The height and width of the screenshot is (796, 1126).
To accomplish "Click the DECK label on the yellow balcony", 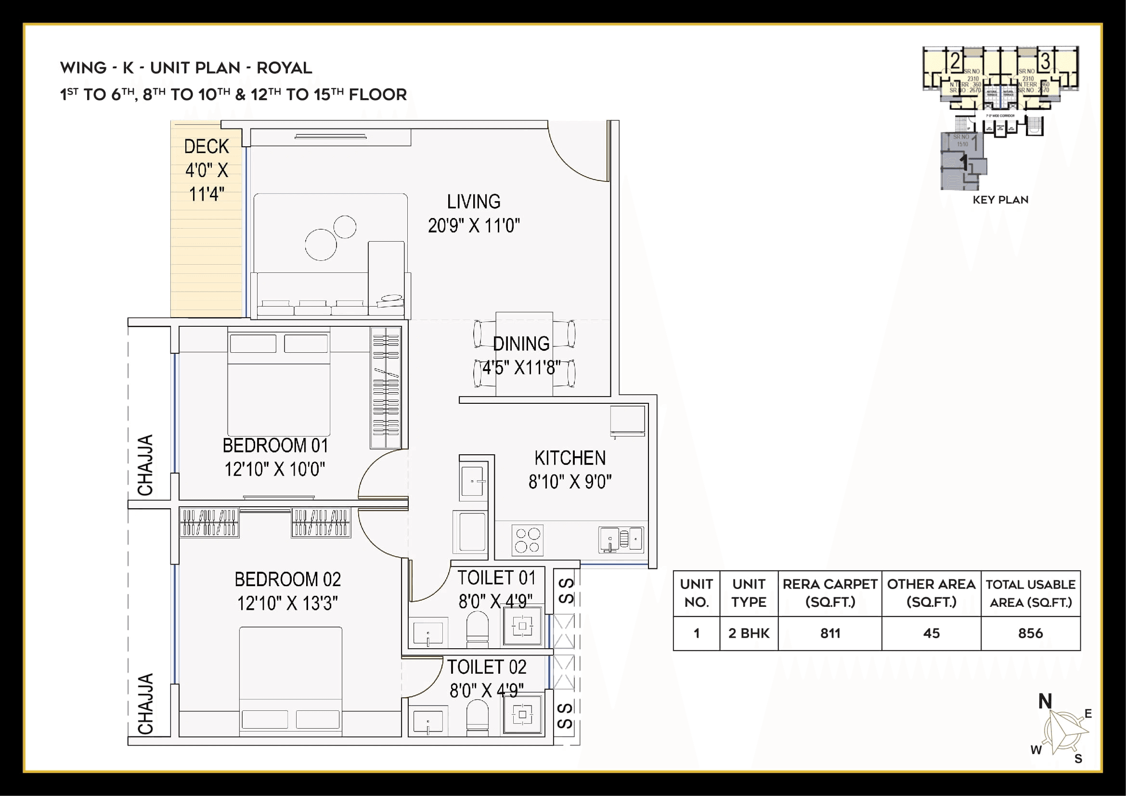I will click(x=207, y=147).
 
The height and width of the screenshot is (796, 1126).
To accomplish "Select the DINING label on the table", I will click(x=521, y=344).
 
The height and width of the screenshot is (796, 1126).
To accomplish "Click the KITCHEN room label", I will click(x=570, y=458).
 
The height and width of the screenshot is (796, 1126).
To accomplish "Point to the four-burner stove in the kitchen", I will click(x=527, y=540).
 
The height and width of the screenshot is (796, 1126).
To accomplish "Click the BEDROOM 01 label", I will click(x=275, y=446).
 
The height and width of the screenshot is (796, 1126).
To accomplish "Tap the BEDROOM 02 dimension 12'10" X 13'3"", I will click(x=287, y=603).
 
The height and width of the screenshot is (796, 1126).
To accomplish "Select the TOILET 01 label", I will click(x=496, y=578).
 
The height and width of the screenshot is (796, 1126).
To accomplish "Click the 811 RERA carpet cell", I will click(x=830, y=633).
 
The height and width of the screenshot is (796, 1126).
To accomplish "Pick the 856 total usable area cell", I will click(x=1030, y=633).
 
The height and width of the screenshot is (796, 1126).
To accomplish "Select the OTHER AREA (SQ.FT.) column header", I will click(x=931, y=593).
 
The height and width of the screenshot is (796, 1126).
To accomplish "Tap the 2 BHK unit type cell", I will click(x=749, y=633).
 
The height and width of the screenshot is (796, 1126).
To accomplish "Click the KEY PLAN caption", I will click(x=1000, y=200).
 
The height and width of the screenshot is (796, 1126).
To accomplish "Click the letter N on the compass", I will click(x=1045, y=701).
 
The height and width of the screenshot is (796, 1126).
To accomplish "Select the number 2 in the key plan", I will click(x=955, y=61).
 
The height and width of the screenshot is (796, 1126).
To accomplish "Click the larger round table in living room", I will click(x=321, y=244).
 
